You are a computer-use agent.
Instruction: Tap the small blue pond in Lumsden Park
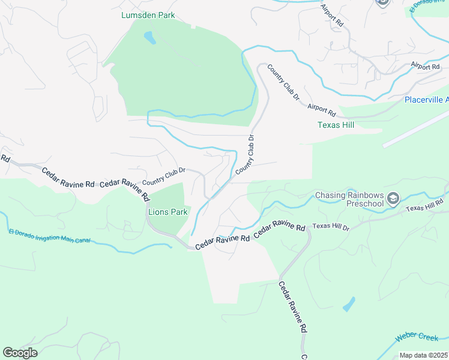tap(149, 38)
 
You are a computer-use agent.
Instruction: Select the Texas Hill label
tap(335, 125)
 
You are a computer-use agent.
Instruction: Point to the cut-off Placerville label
tap(426, 100)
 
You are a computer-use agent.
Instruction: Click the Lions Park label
tap(168, 212)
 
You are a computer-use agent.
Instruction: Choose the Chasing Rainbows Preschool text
tap(349, 199)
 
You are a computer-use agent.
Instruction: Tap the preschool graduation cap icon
tap(393, 199)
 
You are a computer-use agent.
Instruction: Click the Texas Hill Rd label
tap(424, 207)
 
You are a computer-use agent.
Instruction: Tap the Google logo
tap(20, 353)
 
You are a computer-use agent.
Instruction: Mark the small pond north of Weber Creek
tap(349, 304)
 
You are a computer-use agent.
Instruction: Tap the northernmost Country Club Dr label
tap(283, 82)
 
